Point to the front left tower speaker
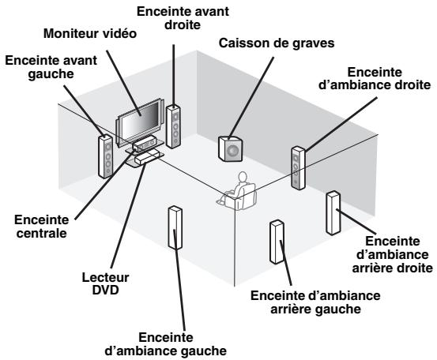coord(106,156)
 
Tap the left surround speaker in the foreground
coord(175,229)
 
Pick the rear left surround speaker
coord(277,242)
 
